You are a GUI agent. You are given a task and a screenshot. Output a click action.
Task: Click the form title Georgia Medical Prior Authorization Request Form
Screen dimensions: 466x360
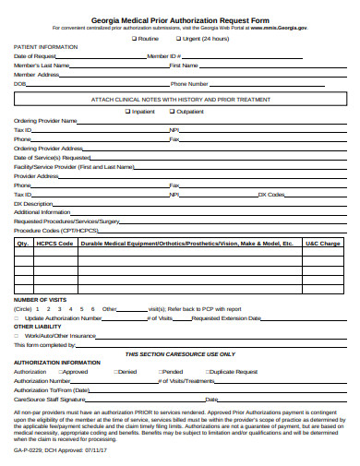click(x=180, y=18)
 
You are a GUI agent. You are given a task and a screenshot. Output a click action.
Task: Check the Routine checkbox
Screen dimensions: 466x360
click(x=135, y=39)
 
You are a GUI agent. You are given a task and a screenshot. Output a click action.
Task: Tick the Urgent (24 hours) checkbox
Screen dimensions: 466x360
click(x=180, y=39)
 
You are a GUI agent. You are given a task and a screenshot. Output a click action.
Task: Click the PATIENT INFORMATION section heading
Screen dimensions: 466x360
click(x=45, y=47)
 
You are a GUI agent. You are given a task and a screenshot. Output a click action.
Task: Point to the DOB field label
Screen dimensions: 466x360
click(x=19, y=84)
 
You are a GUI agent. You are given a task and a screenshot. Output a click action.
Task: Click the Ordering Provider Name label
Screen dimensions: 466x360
click(x=45, y=121)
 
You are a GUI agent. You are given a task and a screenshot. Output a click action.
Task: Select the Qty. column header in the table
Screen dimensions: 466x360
click(x=23, y=243)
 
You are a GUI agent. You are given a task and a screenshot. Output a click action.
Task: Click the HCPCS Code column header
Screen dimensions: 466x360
click(x=54, y=243)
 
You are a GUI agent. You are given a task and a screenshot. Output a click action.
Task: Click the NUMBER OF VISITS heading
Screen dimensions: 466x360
click(x=40, y=300)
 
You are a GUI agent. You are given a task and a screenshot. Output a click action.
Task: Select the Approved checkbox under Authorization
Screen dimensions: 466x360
click(x=57, y=371)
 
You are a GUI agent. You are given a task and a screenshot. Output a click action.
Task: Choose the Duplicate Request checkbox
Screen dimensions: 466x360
click(x=206, y=371)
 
